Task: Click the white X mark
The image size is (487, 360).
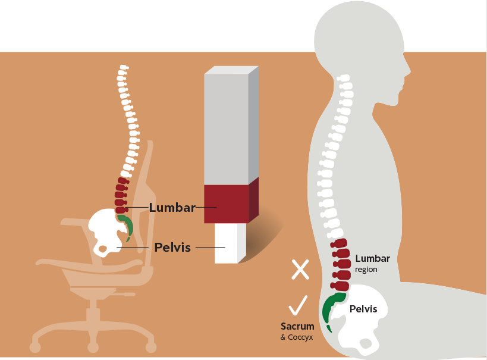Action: point(300,270)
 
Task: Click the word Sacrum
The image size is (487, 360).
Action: point(297,326)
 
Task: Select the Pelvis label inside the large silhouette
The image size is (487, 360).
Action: point(363,309)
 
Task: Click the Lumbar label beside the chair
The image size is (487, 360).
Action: point(172,208)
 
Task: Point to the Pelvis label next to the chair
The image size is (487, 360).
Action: point(172,247)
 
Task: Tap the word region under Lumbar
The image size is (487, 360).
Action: point(366,270)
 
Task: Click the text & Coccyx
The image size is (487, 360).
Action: point(297,337)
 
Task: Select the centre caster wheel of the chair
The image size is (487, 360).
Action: point(93,346)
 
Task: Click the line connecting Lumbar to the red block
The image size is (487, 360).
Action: point(206,208)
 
